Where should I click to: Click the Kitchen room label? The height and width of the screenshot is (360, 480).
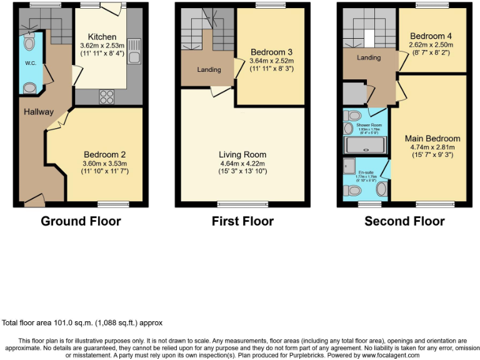click(102, 37)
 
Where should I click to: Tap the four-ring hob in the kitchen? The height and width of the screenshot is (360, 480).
click(106, 97)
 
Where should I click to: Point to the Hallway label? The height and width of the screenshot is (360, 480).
click(39, 112)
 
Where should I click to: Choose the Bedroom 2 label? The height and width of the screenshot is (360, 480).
click(105, 154)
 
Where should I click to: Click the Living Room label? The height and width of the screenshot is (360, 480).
click(242, 154)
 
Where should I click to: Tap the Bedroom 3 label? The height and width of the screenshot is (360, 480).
click(271, 51)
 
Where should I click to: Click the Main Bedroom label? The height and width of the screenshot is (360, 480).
click(432, 139)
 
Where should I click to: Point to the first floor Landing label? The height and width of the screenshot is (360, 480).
click(209, 70)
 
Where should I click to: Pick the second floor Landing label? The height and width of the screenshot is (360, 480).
click(369, 58)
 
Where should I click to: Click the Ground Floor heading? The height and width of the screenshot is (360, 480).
click(81, 221)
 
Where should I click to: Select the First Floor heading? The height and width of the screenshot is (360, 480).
click(242, 221)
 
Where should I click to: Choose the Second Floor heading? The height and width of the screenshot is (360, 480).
click(404, 221)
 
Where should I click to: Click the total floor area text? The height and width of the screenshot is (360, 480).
click(83, 323)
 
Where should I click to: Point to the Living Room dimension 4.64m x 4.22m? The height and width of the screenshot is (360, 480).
click(242, 163)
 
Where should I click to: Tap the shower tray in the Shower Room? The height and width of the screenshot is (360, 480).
click(366, 146)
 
